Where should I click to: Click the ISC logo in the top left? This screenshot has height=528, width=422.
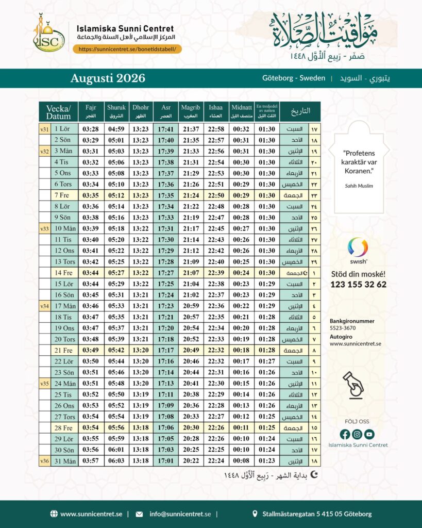click(48, 34)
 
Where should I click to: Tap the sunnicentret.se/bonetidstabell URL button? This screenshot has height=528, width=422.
click(127, 49)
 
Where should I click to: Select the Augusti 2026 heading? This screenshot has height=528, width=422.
click(108, 78)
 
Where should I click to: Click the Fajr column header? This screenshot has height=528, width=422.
click(91, 111)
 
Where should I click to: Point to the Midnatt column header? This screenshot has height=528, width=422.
click(241, 111)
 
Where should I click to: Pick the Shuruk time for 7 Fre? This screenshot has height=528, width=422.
click(116, 195)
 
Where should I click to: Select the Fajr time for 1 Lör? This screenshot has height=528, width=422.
click(91, 129)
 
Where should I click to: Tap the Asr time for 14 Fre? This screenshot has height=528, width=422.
click(166, 272)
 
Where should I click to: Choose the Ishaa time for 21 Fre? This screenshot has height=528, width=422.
click(216, 350)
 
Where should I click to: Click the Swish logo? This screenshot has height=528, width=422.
click(358, 250)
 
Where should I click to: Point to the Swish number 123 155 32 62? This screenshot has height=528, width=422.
click(359, 285)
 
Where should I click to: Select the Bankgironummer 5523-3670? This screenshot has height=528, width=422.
click(343, 328)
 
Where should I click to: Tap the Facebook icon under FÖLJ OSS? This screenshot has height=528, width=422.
click(345, 434)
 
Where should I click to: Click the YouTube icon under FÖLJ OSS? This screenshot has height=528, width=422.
click(369, 434)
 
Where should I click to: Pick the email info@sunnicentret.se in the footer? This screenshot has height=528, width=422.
click(180, 514)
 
